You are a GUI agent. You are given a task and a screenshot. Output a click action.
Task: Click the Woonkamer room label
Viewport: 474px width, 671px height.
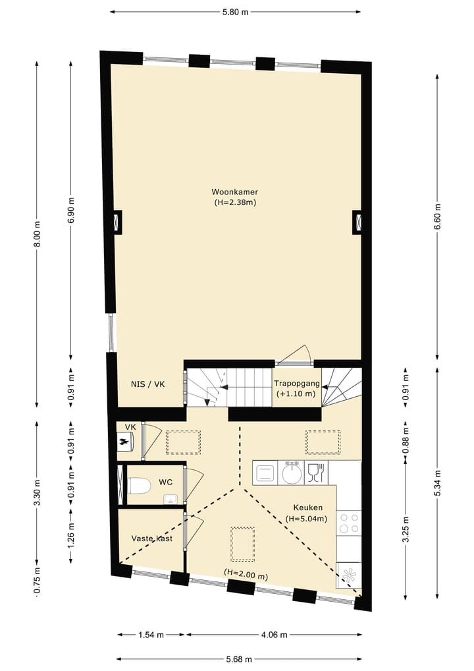(x=235, y=192)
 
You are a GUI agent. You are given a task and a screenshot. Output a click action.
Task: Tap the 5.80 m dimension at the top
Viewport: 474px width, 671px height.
(x=235, y=12)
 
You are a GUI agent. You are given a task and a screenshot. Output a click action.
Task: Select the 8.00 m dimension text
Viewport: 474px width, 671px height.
(x=38, y=234)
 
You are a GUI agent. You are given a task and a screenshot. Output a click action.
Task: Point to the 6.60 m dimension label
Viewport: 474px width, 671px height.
(x=437, y=216)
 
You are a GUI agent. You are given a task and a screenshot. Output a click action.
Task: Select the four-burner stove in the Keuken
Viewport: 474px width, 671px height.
(x=348, y=523)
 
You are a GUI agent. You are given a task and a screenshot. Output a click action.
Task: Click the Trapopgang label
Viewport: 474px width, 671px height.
(x=296, y=383)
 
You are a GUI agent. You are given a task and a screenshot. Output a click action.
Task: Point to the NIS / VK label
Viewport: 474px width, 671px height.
(x=147, y=385)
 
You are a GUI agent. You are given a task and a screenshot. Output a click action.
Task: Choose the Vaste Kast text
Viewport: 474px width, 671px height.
(x=152, y=539)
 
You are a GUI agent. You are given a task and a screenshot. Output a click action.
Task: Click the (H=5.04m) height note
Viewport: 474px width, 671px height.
(x=307, y=519)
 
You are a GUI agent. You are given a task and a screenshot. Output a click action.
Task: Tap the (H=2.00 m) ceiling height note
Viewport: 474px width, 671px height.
(x=246, y=574)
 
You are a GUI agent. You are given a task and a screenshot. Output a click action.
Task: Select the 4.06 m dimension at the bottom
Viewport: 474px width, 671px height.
(x=274, y=635)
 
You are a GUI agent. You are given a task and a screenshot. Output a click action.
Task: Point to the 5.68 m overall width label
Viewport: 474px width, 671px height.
(x=239, y=658)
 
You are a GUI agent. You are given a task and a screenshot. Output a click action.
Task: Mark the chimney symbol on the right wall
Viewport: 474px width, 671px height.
(x=357, y=221)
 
